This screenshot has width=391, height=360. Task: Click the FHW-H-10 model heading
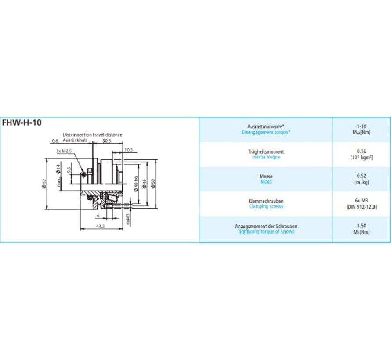[x=22, y=122]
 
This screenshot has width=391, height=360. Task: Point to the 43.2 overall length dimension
[x=100, y=226]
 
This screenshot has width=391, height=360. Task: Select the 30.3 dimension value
[x=106, y=141]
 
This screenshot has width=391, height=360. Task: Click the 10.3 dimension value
[x=128, y=150]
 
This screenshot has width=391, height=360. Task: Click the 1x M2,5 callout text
[x=64, y=151]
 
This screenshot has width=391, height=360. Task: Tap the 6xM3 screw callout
[x=127, y=218]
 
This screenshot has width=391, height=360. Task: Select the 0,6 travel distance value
[x=55, y=141]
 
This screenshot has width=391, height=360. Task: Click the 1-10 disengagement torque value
[x=361, y=126]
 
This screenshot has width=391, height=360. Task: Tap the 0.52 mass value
[x=361, y=176]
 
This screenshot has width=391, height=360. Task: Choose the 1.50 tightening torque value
[x=361, y=226]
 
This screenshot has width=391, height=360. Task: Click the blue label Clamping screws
[x=266, y=206]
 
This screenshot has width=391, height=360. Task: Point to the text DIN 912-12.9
[x=362, y=206]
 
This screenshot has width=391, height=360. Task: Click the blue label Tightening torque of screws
[x=266, y=231]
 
